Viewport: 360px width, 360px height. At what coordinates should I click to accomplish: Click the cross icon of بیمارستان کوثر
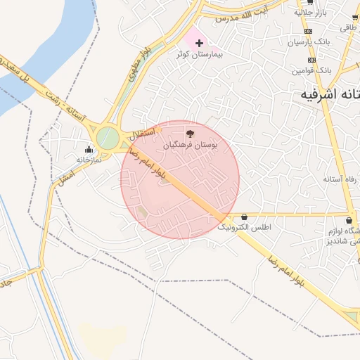[199, 44]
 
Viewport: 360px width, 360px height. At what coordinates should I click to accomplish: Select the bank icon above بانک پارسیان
[309, 32]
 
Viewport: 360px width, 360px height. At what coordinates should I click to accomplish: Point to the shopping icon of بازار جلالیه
[310, 2]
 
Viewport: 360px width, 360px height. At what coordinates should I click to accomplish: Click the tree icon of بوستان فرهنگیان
[189, 133]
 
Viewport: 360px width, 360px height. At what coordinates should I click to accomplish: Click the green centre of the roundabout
[107, 136]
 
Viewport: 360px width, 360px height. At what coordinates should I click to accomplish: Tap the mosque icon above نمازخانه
[89, 149]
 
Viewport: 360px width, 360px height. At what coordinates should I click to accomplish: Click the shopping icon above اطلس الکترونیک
[244, 217]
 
